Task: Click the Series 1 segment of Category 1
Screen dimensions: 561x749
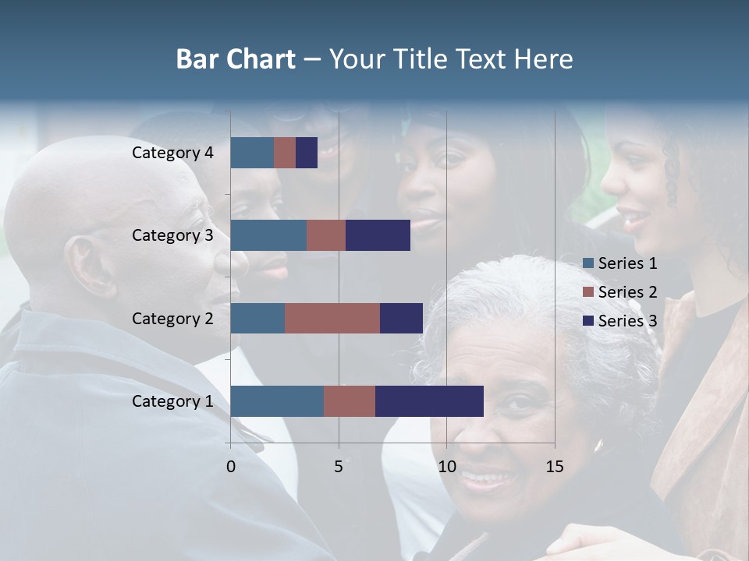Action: [x=277, y=400]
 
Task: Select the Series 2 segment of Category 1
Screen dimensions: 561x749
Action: [x=350, y=400]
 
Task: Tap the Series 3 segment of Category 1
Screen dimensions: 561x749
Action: [x=429, y=400]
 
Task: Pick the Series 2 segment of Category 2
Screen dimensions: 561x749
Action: [x=332, y=318]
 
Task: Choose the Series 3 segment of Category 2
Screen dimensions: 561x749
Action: [x=401, y=318]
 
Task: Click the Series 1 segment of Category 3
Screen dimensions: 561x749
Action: [x=268, y=235]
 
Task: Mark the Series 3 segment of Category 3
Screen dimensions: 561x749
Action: [x=378, y=235]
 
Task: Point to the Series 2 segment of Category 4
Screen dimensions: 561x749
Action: [x=285, y=153]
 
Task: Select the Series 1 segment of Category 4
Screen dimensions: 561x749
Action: [x=252, y=153]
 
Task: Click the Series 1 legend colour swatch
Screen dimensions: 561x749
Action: [x=588, y=263]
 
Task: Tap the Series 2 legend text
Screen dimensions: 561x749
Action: [x=627, y=292]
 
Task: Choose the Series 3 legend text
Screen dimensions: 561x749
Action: [x=627, y=321]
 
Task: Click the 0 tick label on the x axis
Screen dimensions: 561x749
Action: [x=231, y=467]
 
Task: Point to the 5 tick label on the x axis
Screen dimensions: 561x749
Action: [x=339, y=467]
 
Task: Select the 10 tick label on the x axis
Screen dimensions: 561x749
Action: [x=446, y=467]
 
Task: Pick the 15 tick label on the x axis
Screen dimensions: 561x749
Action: [x=555, y=467]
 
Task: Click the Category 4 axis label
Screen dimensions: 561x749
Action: [x=172, y=153]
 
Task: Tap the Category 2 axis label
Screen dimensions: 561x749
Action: [x=172, y=318]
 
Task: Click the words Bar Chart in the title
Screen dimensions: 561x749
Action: [x=236, y=59]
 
